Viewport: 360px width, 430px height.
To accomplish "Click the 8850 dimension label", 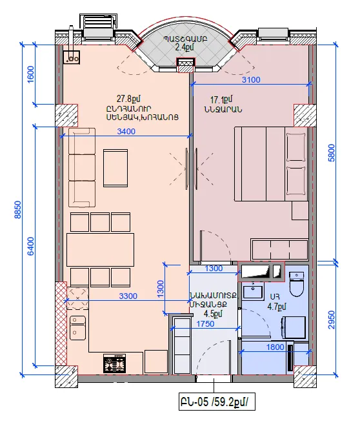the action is click(x=17, y=210).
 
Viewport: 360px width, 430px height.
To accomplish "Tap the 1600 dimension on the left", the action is click(x=31, y=74).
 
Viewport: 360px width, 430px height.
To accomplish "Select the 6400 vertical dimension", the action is click(x=31, y=246).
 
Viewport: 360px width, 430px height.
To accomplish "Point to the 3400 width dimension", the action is click(x=126, y=132).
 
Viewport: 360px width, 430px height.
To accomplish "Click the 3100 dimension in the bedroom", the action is click(x=251, y=80).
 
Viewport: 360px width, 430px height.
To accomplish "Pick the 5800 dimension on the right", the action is click(x=332, y=153).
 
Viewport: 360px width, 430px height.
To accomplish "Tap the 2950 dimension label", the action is click(x=332, y=320).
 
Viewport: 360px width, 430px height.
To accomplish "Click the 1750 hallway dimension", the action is click(x=205, y=324).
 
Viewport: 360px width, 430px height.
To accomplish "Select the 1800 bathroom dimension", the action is click(x=275, y=347).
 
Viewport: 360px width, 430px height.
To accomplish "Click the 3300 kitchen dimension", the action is click(x=128, y=296).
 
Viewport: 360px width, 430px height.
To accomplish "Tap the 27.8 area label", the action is click(x=128, y=98).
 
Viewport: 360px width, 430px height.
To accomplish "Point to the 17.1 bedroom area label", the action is click(x=221, y=99).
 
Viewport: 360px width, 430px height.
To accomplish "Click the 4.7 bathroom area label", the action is click(x=277, y=306).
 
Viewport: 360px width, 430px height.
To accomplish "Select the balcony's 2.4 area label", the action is click(x=185, y=47).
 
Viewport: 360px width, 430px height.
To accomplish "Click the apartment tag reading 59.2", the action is click(x=217, y=402).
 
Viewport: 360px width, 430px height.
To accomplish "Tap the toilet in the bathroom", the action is click(x=296, y=284).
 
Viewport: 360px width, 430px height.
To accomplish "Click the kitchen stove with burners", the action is click(x=115, y=363).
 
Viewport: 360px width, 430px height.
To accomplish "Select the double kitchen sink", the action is click(x=77, y=327).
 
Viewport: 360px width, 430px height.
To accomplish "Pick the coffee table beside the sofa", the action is click(x=115, y=168).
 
